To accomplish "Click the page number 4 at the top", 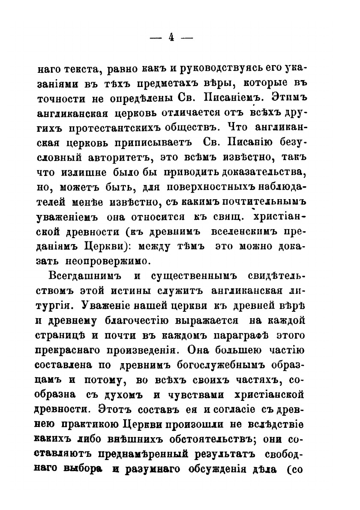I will [x=171, y=37].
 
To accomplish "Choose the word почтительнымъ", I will [x=261, y=200].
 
